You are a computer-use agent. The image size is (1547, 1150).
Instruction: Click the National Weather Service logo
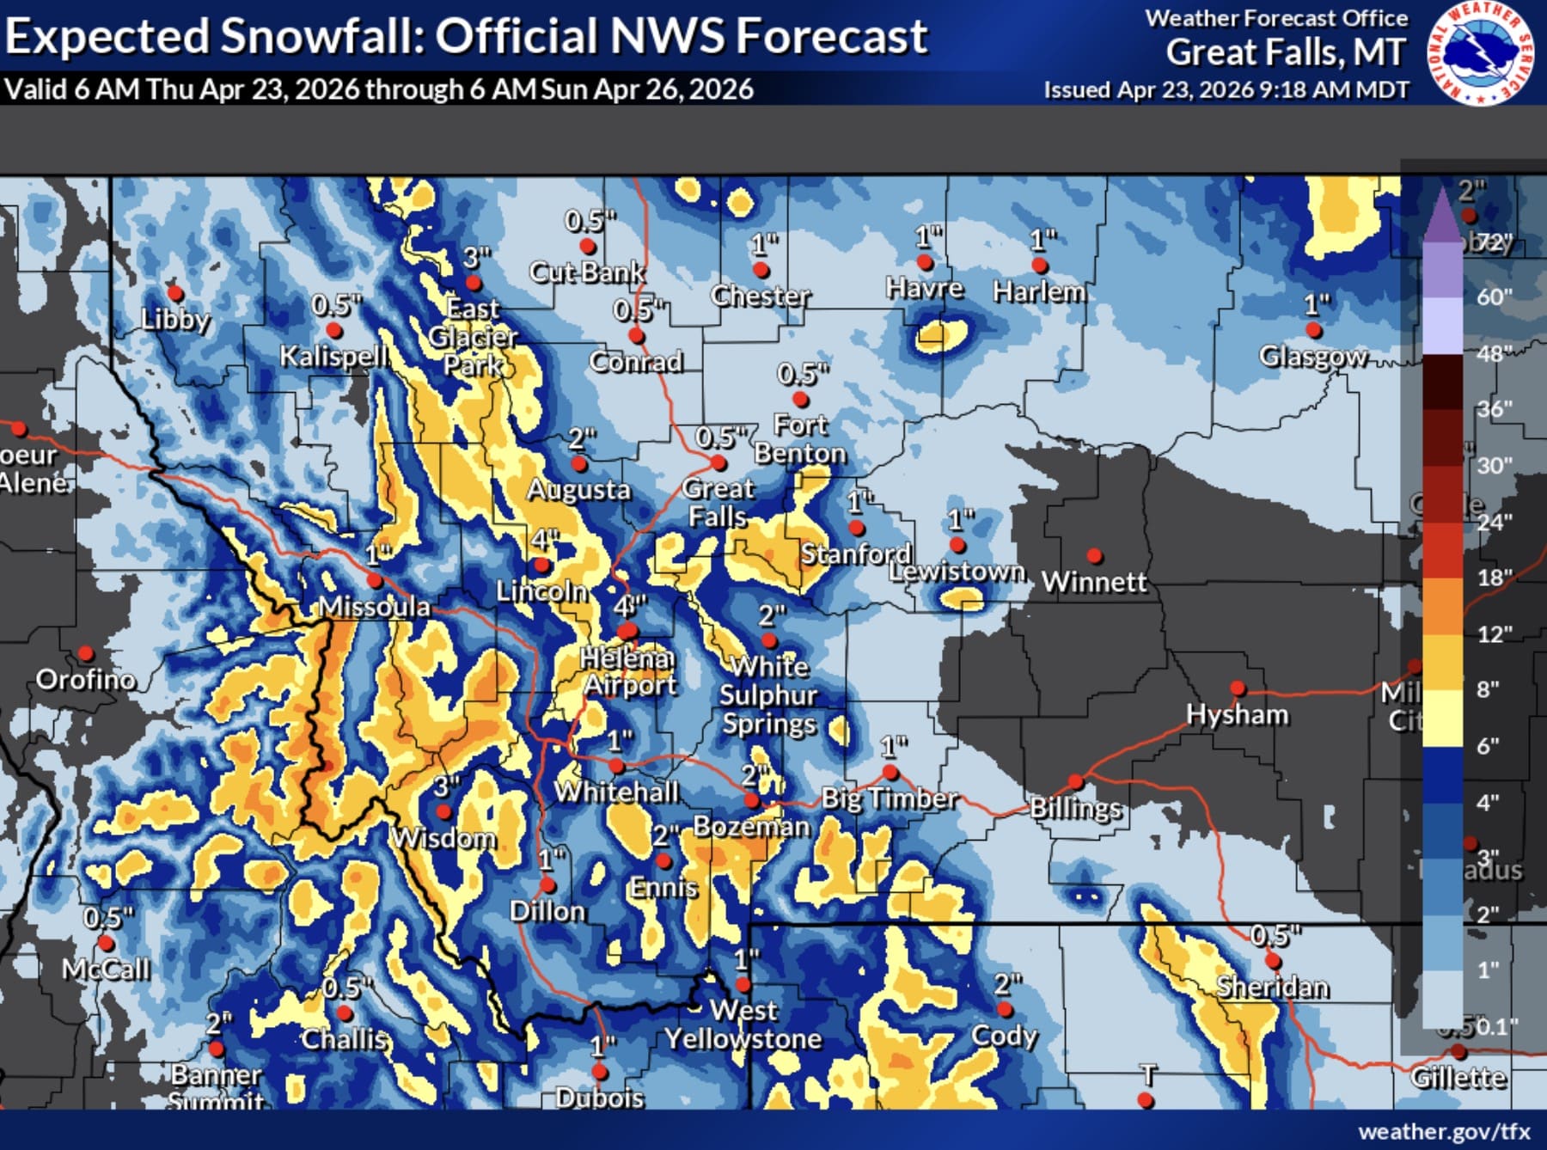click(x=1482, y=53)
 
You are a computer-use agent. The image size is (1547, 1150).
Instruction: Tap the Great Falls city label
click(x=718, y=503)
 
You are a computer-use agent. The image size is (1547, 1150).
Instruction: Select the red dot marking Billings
click(x=1075, y=782)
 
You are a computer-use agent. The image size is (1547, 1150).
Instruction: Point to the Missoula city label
click(x=375, y=607)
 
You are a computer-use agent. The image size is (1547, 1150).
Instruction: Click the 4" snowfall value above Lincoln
click(x=544, y=540)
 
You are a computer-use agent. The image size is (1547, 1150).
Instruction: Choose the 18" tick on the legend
click(x=1495, y=578)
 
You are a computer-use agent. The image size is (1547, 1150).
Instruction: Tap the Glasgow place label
click(x=1312, y=356)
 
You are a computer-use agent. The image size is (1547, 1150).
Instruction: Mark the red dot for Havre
click(x=925, y=262)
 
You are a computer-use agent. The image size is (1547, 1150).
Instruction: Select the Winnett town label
click(x=1094, y=582)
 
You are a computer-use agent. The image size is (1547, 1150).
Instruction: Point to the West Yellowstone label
click(x=743, y=1025)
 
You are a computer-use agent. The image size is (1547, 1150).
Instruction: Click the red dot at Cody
click(x=1005, y=1009)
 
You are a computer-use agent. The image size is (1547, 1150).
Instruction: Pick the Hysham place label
click(x=1237, y=714)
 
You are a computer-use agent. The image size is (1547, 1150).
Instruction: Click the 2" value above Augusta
click(x=582, y=439)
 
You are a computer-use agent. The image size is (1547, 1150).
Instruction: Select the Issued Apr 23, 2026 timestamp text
click(x=1226, y=89)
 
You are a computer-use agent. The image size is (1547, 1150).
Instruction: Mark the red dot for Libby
click(x=174, y=294)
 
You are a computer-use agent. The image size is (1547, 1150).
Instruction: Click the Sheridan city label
click(x=1272, y=987)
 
